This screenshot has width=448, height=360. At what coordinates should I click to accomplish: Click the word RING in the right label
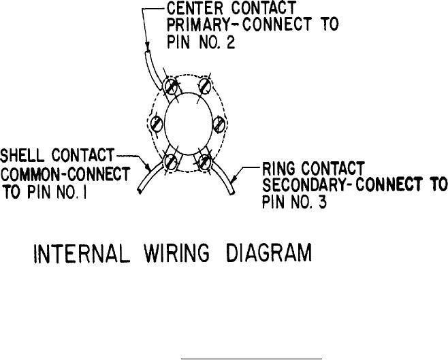coord(279,167)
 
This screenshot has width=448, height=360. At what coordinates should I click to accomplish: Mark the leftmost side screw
coord(157,125)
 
